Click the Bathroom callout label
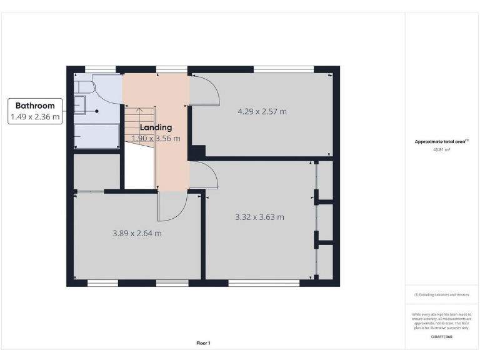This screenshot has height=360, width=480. (35, 111)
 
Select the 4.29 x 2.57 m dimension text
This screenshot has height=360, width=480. (262, 112)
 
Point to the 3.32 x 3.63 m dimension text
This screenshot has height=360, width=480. (259, 217)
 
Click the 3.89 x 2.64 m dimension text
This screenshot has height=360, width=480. (137, 233)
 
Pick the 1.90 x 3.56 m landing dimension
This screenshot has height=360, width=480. (156, 139)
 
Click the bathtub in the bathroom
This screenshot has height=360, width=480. (96, 135)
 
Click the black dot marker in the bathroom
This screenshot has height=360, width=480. (97, 111)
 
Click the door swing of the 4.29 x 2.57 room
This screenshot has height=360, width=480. (204, 91)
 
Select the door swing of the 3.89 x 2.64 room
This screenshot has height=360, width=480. (172, 206)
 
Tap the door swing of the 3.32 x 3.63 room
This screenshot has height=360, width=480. (204, 174)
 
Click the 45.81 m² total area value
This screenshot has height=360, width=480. (441, 149)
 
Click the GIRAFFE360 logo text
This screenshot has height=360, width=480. (441, 337)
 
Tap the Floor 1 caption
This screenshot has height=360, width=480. (203, 342)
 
